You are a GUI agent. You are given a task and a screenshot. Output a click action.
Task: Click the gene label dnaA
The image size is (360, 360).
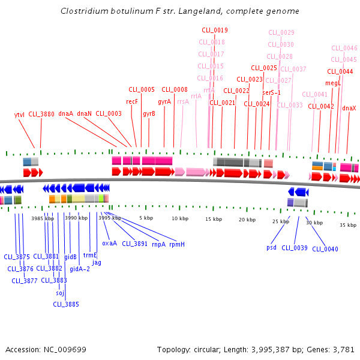tap(65, 113)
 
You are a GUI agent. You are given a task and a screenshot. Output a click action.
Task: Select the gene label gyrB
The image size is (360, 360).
tap(149, 113)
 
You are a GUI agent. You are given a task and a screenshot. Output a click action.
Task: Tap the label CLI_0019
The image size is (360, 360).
tap(214, 30)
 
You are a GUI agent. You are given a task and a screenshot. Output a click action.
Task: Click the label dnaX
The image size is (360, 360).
tap(349, 108)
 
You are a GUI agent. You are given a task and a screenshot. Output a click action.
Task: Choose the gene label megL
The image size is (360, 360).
tap(332, 83)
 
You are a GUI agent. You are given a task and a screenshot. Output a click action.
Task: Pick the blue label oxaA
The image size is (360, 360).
tap(109, 243)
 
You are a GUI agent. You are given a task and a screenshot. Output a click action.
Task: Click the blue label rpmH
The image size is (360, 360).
tap(177, 244)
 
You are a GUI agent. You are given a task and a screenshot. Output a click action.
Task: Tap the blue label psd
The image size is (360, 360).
tap(272, 247)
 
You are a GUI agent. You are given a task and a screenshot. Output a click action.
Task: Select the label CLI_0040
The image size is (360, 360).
tap(325, 249)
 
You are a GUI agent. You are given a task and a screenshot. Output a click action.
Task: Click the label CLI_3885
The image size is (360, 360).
tap(65, 304)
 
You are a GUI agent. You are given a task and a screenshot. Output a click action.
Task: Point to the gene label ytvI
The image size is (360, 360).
tap(19, 114)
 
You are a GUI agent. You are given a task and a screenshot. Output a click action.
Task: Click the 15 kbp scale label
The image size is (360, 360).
tap(214, 219)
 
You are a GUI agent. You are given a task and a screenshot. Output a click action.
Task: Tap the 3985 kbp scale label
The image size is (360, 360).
tap(43, 218)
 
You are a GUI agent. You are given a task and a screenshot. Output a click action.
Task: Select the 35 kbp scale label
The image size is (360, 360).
tap(348, 225)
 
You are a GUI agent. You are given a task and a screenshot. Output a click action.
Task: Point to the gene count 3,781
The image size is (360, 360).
tap(344, 349)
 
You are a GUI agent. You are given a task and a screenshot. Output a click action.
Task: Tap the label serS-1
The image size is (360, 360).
tap(271, 92)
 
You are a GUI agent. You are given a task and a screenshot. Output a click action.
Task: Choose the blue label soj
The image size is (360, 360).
tap(59, 293)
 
